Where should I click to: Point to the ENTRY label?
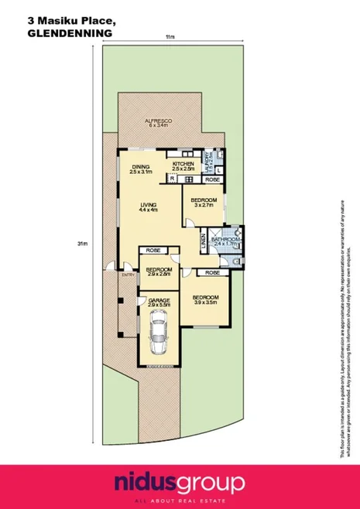127,274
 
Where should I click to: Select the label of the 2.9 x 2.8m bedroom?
157,270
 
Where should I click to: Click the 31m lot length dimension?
81,244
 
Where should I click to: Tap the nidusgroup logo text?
180,483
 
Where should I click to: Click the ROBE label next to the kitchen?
211,179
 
